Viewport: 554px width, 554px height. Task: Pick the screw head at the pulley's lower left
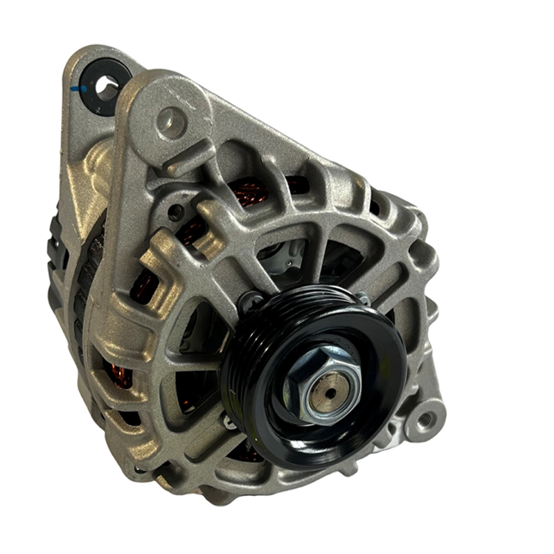(229, 420)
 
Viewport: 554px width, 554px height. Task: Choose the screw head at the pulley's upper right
(361, 298)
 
